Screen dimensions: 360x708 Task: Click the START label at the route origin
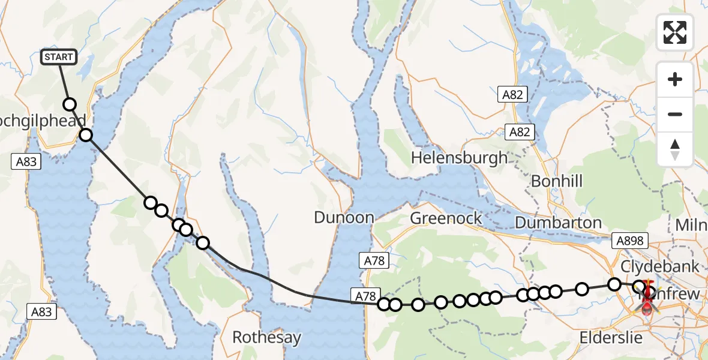tap(59, 57)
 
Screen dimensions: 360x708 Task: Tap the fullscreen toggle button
tap(675, 32)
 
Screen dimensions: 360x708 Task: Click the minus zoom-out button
tap(675, 114)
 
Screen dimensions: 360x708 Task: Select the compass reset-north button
tap(675, 149)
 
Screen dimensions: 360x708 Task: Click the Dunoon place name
tap(344, 217)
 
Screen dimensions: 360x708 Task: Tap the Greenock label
tap(446, 217)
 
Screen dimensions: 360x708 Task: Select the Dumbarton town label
tap(558, 223)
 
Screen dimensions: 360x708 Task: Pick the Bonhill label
tap(557, 181)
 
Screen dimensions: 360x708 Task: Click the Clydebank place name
tap(659, 266)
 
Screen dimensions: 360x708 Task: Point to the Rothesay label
tap(266, 337)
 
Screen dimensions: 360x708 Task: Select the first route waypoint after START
tap(70, 104)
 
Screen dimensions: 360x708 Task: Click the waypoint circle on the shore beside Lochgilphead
tap(86, 134)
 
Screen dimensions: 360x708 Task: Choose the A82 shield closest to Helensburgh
tap(520, 132)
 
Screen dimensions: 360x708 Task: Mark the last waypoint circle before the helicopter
tap(639, 287)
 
